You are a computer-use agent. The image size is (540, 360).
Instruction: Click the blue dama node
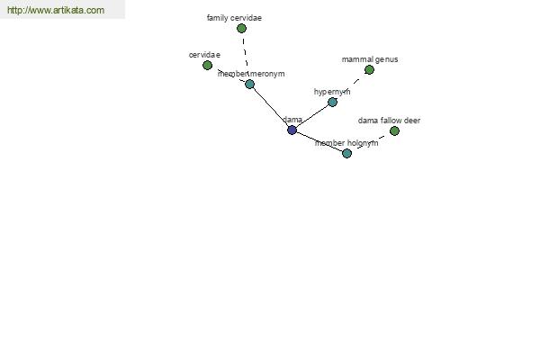coord(292,130)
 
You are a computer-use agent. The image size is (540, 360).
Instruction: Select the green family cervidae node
coord(242,28)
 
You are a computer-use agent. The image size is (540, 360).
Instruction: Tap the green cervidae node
coord(207,65)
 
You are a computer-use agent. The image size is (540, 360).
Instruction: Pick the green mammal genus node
coord(369,70)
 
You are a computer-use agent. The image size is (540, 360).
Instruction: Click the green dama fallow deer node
coord(395,130)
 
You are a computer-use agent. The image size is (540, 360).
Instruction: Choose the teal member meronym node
coord(249,84)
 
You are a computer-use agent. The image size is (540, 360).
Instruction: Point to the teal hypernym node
coord(332,102)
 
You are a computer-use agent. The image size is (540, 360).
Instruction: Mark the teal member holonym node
coord(347,153)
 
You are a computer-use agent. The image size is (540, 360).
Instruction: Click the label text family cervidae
coord(234,18)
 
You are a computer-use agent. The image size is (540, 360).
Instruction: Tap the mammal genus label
coord(370,59)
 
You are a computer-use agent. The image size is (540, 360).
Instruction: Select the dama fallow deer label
coord(389,121)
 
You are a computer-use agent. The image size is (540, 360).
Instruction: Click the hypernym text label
coord(332,92)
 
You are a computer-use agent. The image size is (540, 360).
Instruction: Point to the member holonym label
coord(346,143)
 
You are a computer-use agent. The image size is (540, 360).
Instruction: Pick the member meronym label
coord(251,74)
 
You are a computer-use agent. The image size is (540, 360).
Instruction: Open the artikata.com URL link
coord(56,10)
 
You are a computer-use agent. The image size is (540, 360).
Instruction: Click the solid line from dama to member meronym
coord(271,107)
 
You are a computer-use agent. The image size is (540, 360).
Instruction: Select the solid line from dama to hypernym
coord(312,116)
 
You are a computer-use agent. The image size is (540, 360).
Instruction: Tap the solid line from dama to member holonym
coord(319,141)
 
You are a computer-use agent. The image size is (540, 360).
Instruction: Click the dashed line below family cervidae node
coord(245,52)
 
